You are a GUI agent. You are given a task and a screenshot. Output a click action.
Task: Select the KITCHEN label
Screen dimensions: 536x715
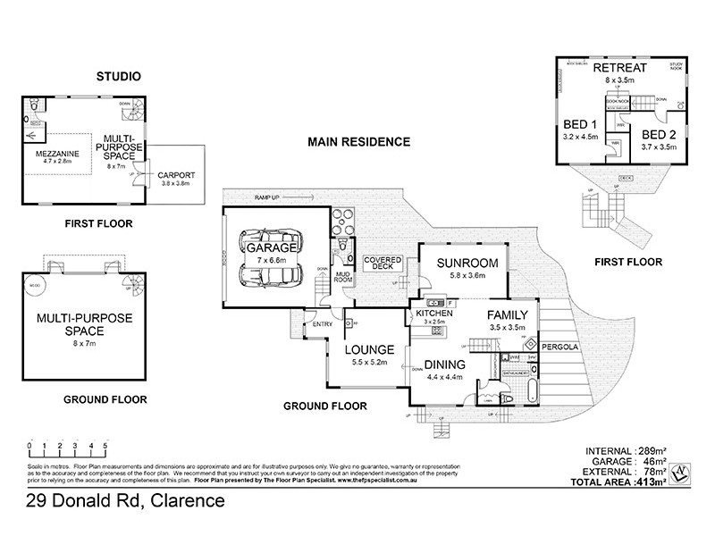click(433, 313)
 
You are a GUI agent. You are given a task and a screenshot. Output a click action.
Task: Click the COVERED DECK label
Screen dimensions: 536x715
click(383, 264)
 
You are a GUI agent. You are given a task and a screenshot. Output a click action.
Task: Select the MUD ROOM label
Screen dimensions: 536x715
click(341, 276)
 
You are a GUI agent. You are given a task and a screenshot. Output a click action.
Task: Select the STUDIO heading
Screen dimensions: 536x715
click(118, 78)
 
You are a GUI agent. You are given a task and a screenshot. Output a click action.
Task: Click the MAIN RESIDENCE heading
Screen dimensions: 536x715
click(358, 142)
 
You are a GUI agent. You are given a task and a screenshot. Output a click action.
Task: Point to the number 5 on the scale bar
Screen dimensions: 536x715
click(105, 444)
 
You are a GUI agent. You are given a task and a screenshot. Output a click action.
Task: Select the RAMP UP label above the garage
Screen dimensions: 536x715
click(268, 196)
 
